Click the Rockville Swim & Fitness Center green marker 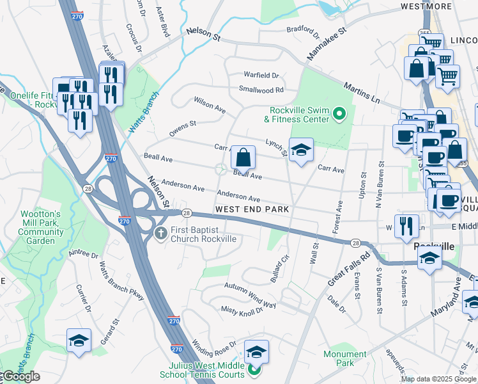tap(339, 115)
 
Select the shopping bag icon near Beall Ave tap(243, 157)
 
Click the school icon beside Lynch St tap(302, 150)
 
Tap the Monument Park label tap(345, 358)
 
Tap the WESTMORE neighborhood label tap(426, 6)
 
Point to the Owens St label tap(182, 127)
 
